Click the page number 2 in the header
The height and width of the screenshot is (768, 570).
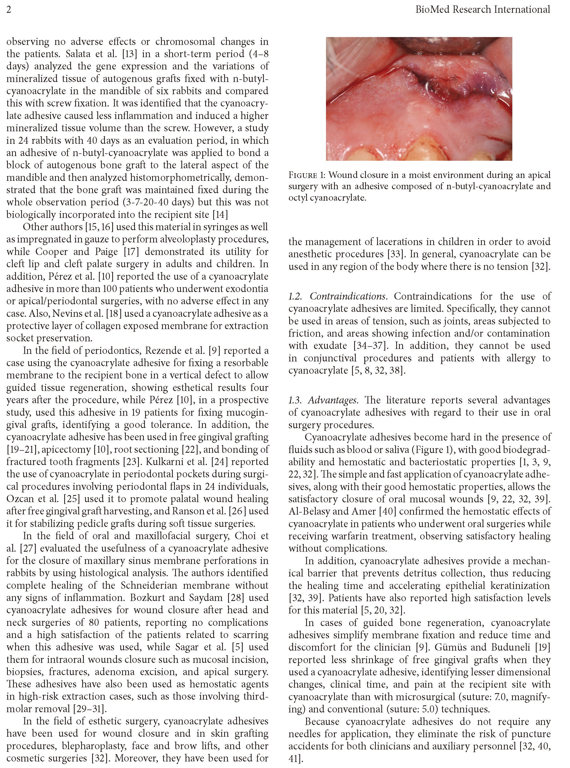pyautogui.click(x=9, y=9)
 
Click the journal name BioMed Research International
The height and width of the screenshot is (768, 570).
pyautogui.click(x=482, y=9)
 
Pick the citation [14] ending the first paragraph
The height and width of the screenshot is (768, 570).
pyautogui.click(x=220, y=214)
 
